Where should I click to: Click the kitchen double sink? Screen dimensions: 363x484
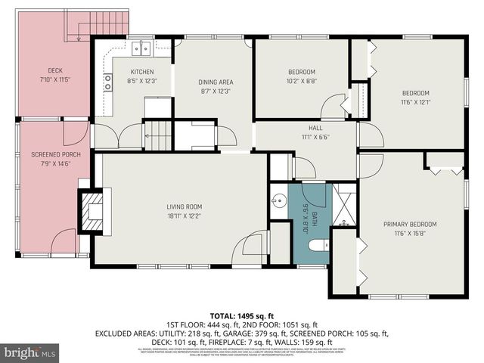pos(141,50)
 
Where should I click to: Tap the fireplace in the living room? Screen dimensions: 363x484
pos(92,209)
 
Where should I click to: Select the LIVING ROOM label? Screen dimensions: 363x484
pos(184,206)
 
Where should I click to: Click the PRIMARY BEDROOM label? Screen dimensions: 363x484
pos(409,224)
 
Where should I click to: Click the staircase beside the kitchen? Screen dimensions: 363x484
pos(159,136)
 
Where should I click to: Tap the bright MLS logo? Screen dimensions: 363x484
pos(30,352)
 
